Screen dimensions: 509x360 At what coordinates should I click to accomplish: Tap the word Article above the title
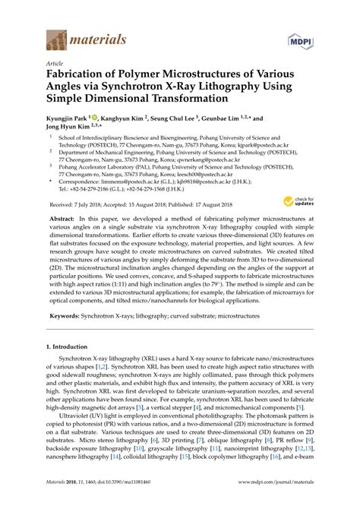pyautogui.click(x=55, y=64)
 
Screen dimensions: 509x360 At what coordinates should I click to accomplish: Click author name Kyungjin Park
pyautogui.click(x=67, y=119)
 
